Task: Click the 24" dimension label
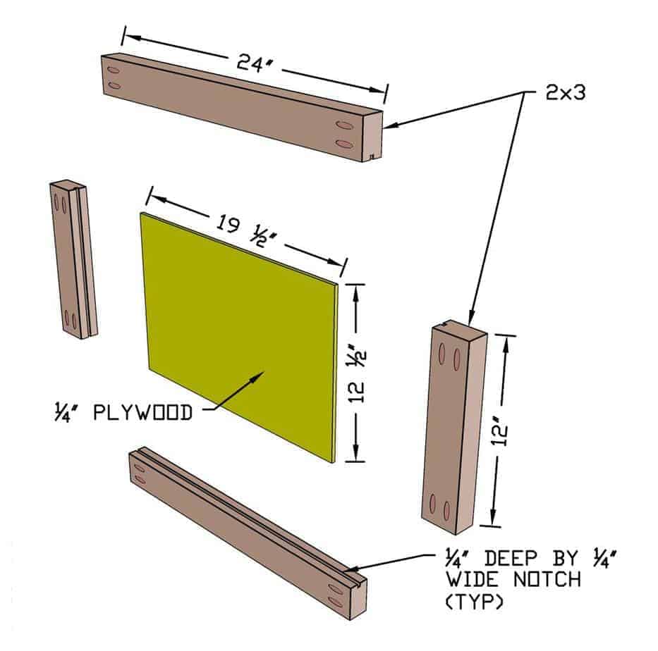(255, 65)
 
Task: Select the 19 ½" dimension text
(249, 230)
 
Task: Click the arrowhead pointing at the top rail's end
(390, 126)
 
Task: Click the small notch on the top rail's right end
(371, 156)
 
